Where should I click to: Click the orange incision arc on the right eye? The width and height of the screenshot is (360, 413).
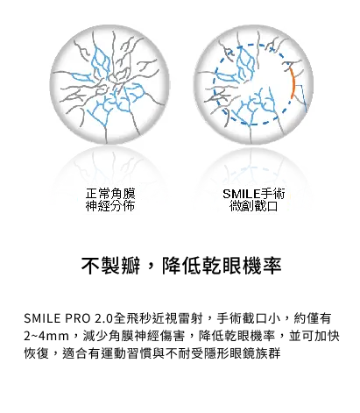click(x=293, y=84)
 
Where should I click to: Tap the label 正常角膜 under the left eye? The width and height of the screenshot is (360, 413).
click(x=110, y=194)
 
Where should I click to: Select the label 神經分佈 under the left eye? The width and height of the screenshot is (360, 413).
click(x=110, y=206)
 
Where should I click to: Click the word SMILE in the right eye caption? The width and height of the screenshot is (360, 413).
click(x=241, y=194)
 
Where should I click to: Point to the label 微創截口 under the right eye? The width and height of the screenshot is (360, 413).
click(x=253, y=206)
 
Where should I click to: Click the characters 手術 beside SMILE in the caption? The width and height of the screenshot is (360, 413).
click(x=272, y=194)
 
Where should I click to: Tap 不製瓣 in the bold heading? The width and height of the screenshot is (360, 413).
click(x=110, y=266)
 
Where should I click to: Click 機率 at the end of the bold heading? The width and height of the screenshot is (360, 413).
click(x=262, y=266)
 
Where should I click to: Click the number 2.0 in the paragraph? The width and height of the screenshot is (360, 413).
click(x=103, y=318)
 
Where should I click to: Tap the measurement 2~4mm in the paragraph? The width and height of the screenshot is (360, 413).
click(x=46, y=336)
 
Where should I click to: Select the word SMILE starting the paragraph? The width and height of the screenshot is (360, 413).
click(x=42, y=318)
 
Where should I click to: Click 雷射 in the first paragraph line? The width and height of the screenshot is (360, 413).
click(x=191, y=318)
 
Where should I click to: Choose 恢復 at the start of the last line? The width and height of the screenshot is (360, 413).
click(x=37, y=353)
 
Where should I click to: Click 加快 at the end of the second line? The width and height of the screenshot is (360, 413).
click(x=327, y=336)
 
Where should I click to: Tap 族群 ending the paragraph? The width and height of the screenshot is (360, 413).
click(x=268, y=353)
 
